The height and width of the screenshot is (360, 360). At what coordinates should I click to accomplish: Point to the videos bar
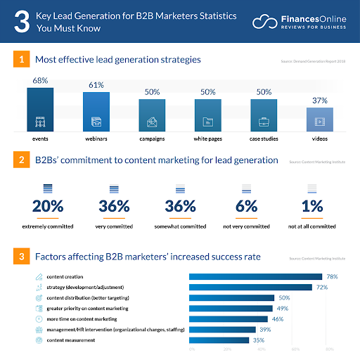coord(319,120)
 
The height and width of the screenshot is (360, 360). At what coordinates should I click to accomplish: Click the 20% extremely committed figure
coord(48,206)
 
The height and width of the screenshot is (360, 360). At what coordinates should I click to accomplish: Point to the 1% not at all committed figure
coord(311,206)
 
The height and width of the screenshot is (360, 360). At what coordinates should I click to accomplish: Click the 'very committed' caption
coord(113,226)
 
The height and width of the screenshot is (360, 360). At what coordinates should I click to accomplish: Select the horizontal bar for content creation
coord(255,277)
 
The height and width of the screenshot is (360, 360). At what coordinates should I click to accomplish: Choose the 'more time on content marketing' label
coord(77,319)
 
